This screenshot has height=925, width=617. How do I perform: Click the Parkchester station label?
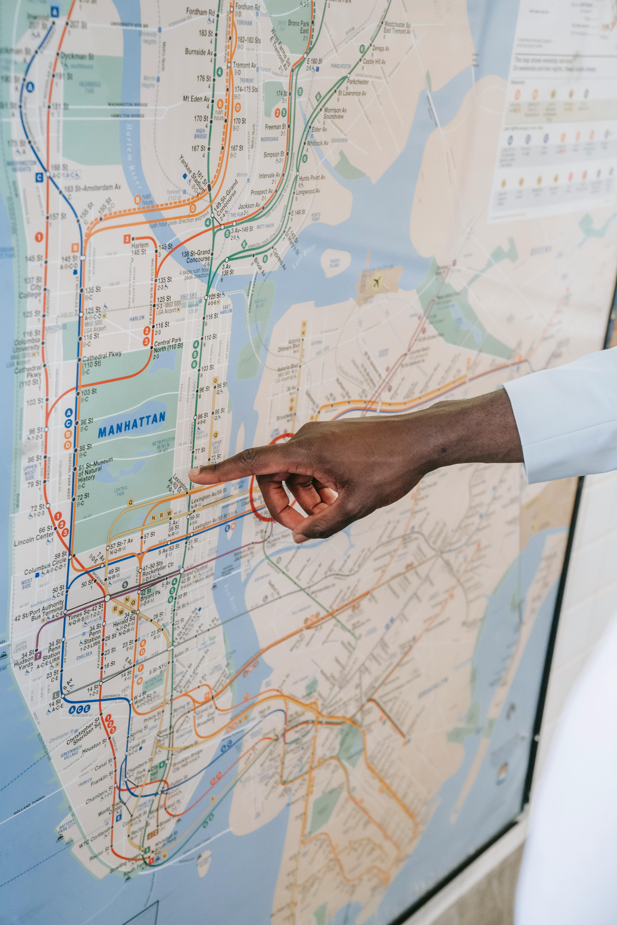pyautogui.click(x=357, y=82)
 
